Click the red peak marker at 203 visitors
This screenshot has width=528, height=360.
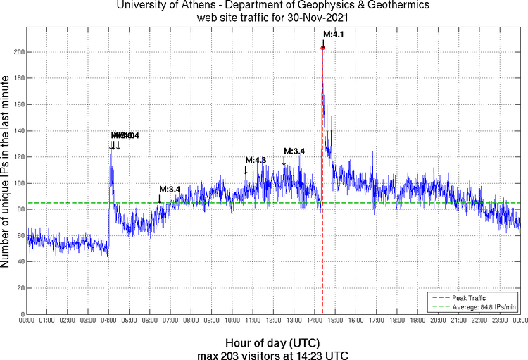322,48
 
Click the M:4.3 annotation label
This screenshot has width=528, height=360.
256,161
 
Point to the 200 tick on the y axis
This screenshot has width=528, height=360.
18,52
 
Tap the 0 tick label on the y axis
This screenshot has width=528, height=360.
21,314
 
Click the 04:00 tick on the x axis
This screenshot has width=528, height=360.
109,321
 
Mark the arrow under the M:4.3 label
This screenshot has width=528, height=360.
246,169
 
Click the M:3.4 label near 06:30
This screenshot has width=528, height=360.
170,190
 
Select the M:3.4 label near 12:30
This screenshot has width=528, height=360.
294,151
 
